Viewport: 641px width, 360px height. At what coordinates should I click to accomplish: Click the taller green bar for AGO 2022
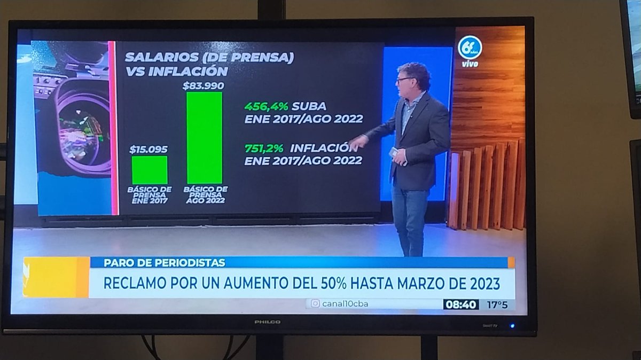click(x=204, y=137)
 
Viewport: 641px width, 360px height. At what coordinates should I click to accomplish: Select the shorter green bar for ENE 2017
click(x=150, y=170)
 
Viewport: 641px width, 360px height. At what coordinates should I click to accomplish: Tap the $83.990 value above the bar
click(x=203, y=85)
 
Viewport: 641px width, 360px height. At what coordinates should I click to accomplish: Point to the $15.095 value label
click(x=148, y=150)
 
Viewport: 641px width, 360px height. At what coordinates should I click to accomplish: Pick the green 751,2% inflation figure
click(x=264, y=148)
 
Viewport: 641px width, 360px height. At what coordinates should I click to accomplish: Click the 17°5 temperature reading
click(x=496, y=304)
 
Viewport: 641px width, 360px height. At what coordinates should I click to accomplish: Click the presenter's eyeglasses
click(x=404, y=80)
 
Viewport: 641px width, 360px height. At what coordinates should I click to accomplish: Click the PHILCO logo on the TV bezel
click(x=267, y=322)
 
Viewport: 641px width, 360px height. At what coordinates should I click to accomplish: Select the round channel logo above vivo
click(x=470, y=48)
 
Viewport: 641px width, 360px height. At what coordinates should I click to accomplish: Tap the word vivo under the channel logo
click(x=470, y=64)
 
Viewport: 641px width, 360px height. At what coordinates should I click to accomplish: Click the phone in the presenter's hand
click(x=394, y=152)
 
